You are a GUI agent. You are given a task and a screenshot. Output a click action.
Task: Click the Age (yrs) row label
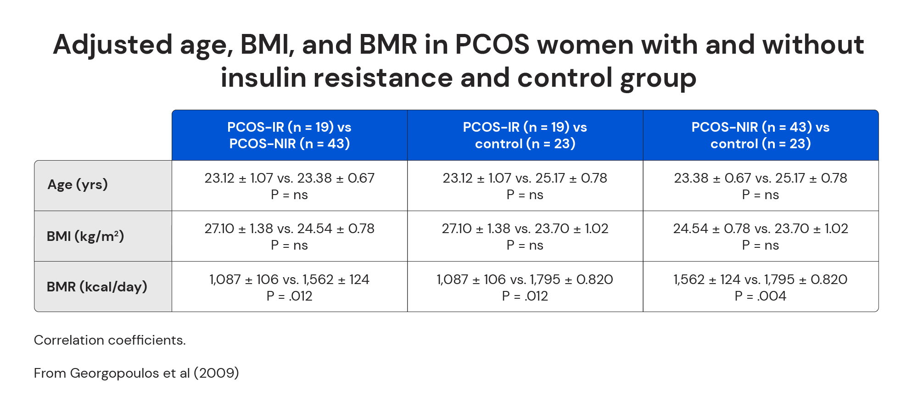[x=78, y=184]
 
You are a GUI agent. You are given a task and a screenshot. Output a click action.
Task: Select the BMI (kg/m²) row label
[x=85, y=236]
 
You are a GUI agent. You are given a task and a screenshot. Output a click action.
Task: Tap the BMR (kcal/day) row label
[x=97, y=287]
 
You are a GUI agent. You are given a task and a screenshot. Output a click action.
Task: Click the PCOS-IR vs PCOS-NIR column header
[x=289, y=135]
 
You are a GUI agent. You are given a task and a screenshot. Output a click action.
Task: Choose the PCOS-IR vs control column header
[x=525, y=135]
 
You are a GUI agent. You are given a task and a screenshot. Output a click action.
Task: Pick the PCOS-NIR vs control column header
[x=761, y=135]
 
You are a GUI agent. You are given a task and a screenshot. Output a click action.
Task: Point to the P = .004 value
[x=761, y=296]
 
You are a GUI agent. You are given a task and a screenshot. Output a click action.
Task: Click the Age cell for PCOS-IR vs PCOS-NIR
[x=289, y=186]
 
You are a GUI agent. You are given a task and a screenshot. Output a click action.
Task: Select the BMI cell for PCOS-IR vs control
[x=525, y=236]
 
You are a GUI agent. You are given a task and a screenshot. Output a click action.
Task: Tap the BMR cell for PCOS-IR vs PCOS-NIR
[x=289, y=287]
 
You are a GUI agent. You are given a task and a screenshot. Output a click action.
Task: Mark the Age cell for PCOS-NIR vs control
[x=761, y=186]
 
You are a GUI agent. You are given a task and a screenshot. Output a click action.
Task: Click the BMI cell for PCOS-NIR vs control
[x=761, y=236]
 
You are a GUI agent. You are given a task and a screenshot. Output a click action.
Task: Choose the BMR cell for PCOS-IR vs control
[x=525, y=287]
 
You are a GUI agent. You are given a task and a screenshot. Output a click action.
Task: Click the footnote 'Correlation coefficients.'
[x=110, y=340]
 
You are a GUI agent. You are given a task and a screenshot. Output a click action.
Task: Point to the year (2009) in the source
[x=216, y=373]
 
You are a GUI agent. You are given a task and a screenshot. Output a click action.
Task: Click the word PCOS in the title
[x=492, y=45]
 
